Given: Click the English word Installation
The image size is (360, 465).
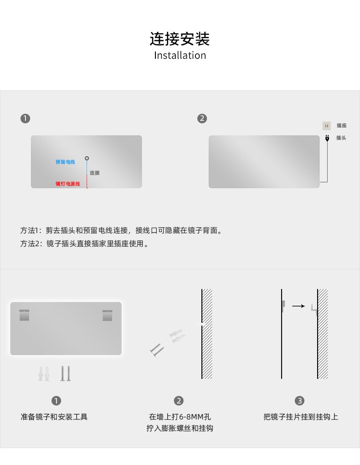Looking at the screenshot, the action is click(180, 56).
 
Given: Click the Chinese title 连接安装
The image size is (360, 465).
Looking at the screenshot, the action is click(180, 39).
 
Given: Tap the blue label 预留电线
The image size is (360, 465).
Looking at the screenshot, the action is click(65, 162).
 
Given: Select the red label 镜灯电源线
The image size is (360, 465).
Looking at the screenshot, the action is click(67, 184).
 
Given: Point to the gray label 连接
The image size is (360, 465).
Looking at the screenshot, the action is click(95, 173).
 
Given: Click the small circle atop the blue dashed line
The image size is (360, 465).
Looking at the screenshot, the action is click(87, 158).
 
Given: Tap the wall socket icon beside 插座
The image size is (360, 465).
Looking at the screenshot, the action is click(326, 126).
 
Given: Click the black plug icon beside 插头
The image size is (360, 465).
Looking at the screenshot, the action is click(327, 138).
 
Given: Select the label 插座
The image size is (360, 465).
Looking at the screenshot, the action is click(342, 125).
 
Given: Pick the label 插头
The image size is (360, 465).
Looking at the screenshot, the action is click(341, 138).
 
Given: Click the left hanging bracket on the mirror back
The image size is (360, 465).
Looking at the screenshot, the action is click(24, 315).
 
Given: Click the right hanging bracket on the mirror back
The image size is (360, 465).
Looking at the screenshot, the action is click(108, 315).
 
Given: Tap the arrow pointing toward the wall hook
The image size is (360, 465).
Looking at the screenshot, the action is click(298, 306).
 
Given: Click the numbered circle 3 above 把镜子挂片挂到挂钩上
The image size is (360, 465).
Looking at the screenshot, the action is click(299, 401).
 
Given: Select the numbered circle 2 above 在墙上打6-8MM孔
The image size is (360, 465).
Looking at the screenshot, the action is click(179, 401).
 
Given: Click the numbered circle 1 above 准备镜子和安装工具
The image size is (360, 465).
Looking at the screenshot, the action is click(56, 401).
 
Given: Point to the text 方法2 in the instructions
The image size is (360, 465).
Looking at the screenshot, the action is click(30, 244).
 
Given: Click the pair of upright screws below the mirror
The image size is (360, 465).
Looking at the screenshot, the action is click(66, 374).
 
